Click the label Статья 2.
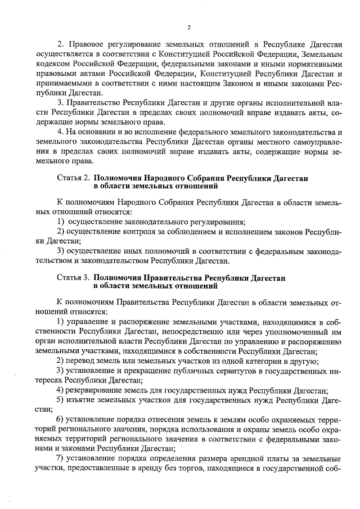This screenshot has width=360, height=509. tap(73, 178)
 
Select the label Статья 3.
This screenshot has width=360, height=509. tap(73, 278)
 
